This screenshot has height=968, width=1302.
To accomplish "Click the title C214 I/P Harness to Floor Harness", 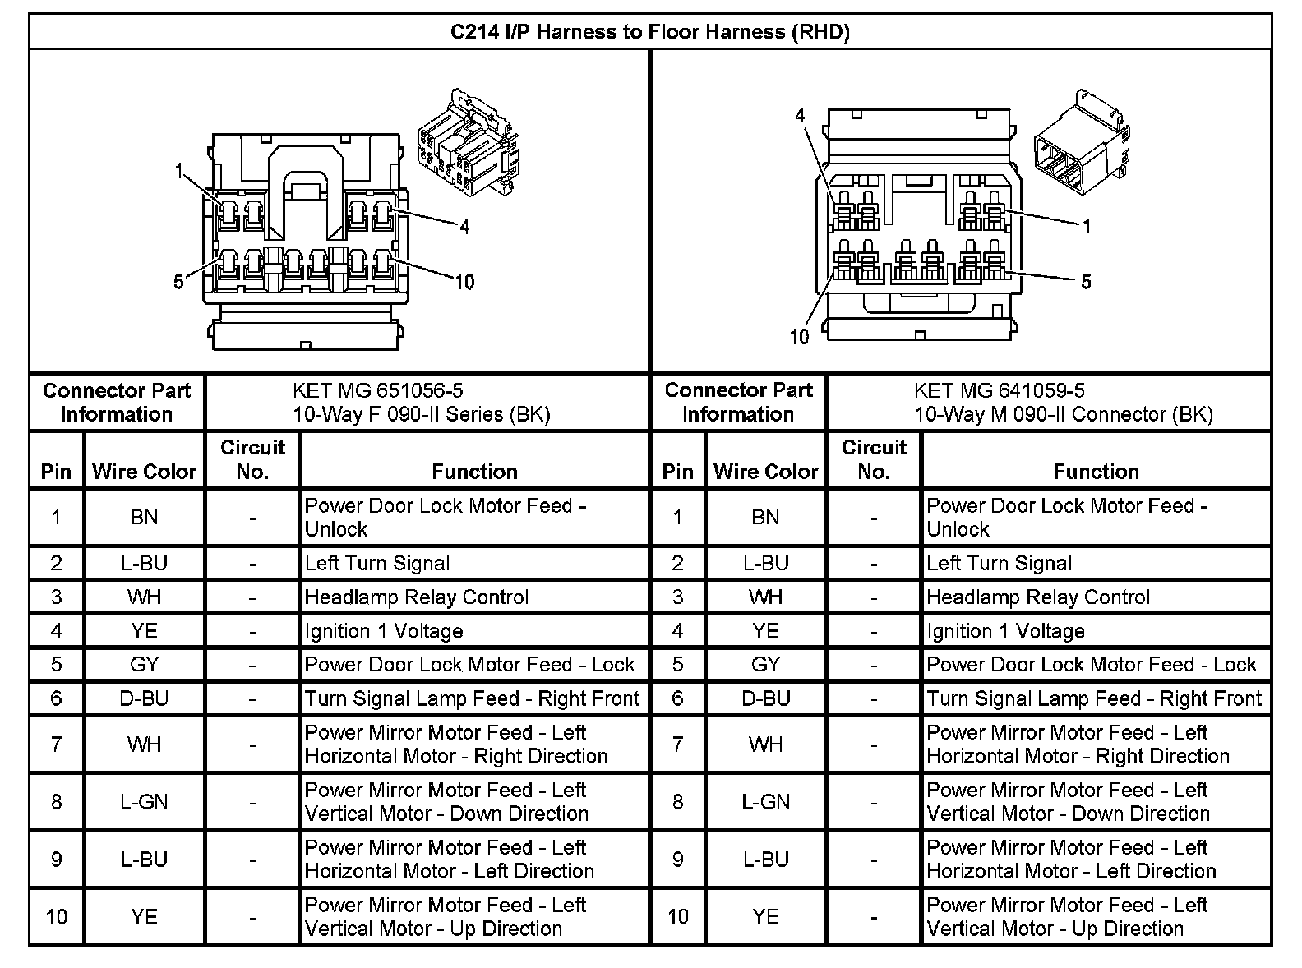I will (649, 32).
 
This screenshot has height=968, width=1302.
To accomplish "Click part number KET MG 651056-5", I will (372, 391).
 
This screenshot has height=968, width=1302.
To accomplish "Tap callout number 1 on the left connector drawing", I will (178, 172).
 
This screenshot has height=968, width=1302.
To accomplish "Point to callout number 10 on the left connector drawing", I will (464, 283).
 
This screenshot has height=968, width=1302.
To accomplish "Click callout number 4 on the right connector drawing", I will (800, 116).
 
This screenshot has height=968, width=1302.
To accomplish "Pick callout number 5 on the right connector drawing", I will (1086, 283).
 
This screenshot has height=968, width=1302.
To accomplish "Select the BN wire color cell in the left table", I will (144, 517).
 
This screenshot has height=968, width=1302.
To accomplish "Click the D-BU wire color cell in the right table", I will (765, 698).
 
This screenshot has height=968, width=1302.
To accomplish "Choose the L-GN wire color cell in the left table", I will (144, 801).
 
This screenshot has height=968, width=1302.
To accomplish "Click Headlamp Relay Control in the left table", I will (416, 597).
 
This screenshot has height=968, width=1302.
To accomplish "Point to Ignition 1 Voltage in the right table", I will (1005, 631).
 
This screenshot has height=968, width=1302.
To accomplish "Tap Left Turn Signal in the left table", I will (377, 564).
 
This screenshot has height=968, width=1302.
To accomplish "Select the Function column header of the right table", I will (1096, 472).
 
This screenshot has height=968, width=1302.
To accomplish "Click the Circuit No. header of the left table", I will (252, 459).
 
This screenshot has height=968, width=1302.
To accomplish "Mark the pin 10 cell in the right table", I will (677, 916).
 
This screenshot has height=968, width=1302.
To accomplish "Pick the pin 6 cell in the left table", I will (56, 698).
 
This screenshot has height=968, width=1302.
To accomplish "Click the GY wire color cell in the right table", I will (765, 665).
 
